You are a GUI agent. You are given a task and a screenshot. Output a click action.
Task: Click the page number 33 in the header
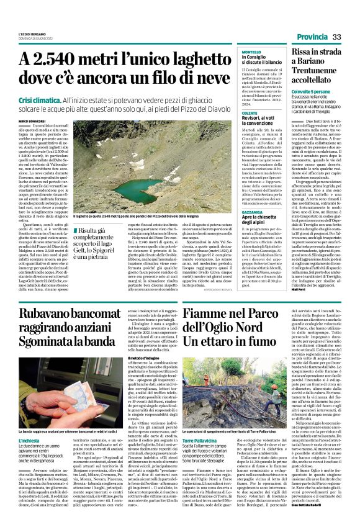coord(337,38)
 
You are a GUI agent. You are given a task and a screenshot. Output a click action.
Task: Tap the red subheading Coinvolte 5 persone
coord(312,91)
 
